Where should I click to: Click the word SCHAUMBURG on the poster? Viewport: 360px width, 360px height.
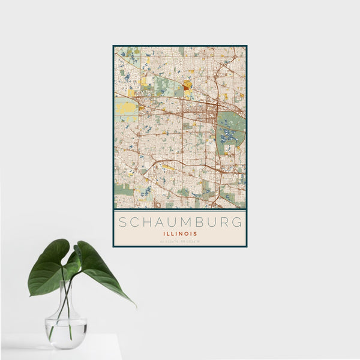coord(180,221)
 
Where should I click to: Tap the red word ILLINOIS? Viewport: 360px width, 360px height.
coord(180,233)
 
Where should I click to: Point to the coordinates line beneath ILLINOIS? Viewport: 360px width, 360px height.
coord(180,241)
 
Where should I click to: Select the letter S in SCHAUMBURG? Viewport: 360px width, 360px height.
coord(122,221)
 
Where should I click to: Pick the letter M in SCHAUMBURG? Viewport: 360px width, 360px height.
coord(179,221)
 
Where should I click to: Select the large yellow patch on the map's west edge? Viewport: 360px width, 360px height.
coord(126,109)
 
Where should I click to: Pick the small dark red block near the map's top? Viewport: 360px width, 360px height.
coord(187,85)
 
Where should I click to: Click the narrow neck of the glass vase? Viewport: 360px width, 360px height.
coord(65,300)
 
